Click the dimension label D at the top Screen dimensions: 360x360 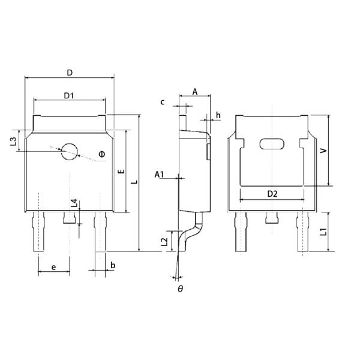click(70, 73)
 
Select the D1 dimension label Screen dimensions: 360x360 click(69, 95)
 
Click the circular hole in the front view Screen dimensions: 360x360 click(69, 151)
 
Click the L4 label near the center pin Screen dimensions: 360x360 click(74, 203)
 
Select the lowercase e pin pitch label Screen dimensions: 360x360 click(53, 266)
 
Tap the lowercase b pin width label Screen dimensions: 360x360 click(112, 265)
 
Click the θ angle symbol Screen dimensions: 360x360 click(180, 289)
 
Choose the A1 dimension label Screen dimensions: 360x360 click(160, 175)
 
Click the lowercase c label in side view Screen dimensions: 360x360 click(162, 102)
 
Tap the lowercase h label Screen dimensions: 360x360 click(218, 115)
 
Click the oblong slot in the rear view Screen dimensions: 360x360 click(272, 143)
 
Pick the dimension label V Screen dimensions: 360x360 click(323, 152)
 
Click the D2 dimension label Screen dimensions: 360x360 click(272, 194)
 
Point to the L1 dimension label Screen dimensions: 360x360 click(323, 232)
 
